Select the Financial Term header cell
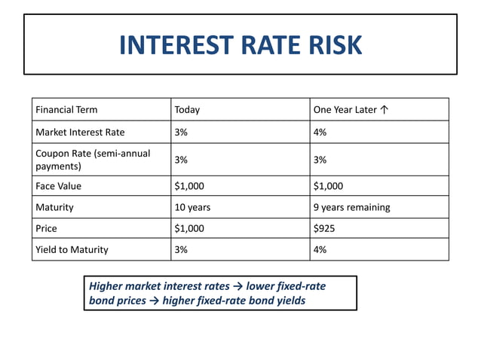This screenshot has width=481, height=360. pyautogui.click(x=66, y=110)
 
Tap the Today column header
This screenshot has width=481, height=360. pyautogui.click(x=187, y=110)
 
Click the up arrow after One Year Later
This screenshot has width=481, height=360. pyautogui.click(x=384, y=110)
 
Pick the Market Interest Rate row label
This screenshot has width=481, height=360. pyautogui.click(x=80, y=133)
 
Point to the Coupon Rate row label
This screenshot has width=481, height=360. pyautogui.click(x=93, y=160)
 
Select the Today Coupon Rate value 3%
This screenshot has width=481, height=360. pyautogui.click(x=182, y=160)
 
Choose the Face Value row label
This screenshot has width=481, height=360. pyautogui.click(x=58, y=185)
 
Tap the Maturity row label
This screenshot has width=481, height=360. pyautogui.click(x=56, y=207)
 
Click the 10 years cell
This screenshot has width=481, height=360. pyautogui.click(x=192, y=207)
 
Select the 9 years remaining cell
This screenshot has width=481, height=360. pyautogui.click(x=351, y=207)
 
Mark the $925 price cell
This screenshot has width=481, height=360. pyautogui.click(x=325, y=228)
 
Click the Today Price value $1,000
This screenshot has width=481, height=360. pyautogui.click(x=189, y=228)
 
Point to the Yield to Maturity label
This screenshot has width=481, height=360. pyautogui.click(x=72, y=249)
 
